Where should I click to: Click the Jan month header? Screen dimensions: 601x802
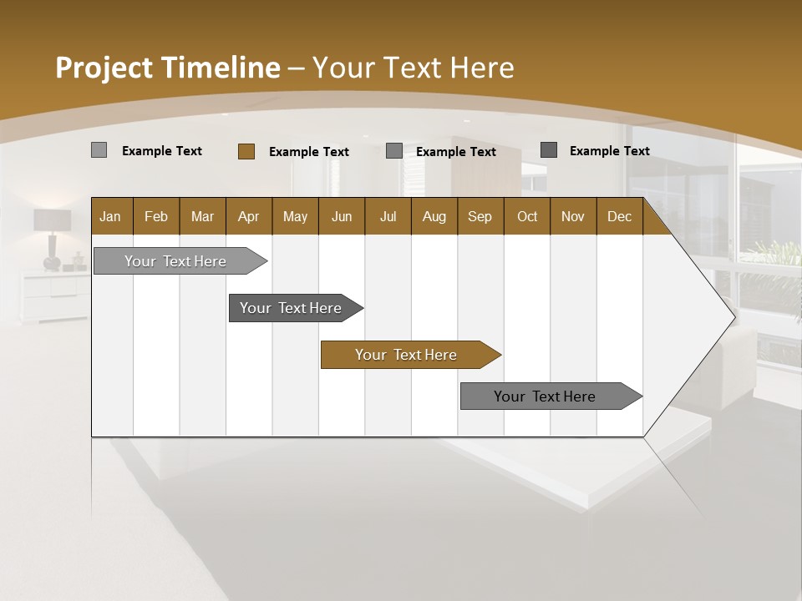(x=110, y=216)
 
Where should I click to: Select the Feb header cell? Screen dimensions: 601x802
(x=156, y=216)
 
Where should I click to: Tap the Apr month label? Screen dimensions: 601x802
(x=248, y=216)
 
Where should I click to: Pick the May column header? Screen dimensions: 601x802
(x=295, y=216)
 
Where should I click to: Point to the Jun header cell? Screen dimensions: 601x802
(x=341, y=216)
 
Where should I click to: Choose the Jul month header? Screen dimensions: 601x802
(x=388, y=216)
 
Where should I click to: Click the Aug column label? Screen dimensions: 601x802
(x=434, y=216)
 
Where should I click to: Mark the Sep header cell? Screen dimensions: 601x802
(x=480, y=216)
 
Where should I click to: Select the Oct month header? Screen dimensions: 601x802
(x=527, y=216)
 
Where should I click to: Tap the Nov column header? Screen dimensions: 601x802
(x=572, y=216)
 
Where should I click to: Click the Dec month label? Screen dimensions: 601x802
(x=619, y=216)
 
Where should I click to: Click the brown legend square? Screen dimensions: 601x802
(x=246, y=151)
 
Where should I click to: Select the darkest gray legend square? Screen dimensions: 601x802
(x=548, y=150)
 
